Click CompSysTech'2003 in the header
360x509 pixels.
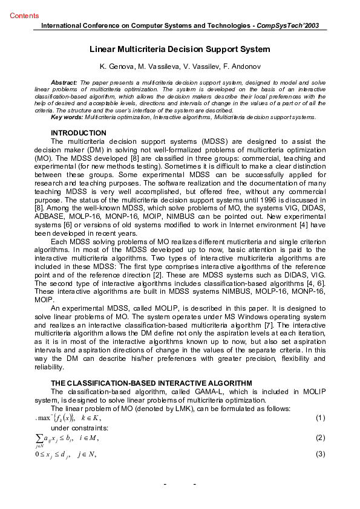pyautogui.click(x=287, y=26)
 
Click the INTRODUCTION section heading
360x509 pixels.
pyautogui.click(x=79, y=132)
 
